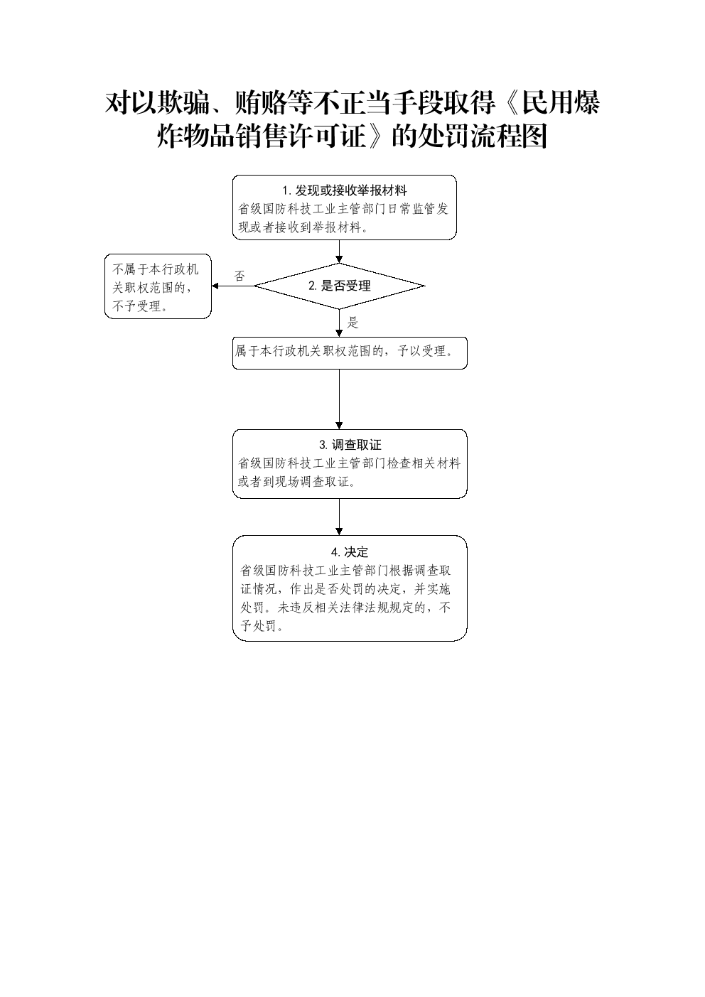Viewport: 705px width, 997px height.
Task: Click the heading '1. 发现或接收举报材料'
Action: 345,190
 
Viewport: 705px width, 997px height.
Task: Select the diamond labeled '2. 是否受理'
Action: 339,286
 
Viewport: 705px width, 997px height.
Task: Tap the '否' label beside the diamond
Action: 240,276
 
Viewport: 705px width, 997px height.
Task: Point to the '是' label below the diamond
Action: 352,323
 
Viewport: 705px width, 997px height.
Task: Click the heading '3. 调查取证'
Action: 350,445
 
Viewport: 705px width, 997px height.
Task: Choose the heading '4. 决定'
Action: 350,552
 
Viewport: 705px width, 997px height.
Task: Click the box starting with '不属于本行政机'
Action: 158,286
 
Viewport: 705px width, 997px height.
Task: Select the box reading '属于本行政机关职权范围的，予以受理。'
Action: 350,353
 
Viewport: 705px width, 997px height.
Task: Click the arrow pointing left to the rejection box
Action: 233,286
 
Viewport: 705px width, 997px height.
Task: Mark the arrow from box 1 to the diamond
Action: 339,252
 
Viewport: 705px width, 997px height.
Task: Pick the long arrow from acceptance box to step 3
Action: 339,399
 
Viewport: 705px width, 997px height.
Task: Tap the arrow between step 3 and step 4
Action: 339,517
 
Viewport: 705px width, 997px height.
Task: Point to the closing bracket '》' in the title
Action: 377,136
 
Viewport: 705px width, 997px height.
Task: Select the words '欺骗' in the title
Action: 183,103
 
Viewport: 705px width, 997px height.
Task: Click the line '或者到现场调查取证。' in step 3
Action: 296,482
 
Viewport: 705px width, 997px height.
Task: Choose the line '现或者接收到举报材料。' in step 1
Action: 303,227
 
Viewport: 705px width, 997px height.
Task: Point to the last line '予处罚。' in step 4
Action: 262,626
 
